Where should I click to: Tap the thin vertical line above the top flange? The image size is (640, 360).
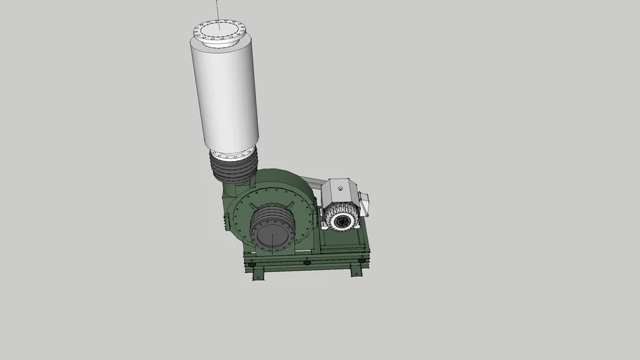[x=217, y=10]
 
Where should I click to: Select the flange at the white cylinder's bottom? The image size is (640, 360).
[x=233, y=153]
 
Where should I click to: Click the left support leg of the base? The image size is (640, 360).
[x=258, y=274]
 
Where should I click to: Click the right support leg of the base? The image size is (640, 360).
[x=356, y=269]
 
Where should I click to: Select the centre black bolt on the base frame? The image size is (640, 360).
[x=307, y=262]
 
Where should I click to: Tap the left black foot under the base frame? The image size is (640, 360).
[x=251, y=264]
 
